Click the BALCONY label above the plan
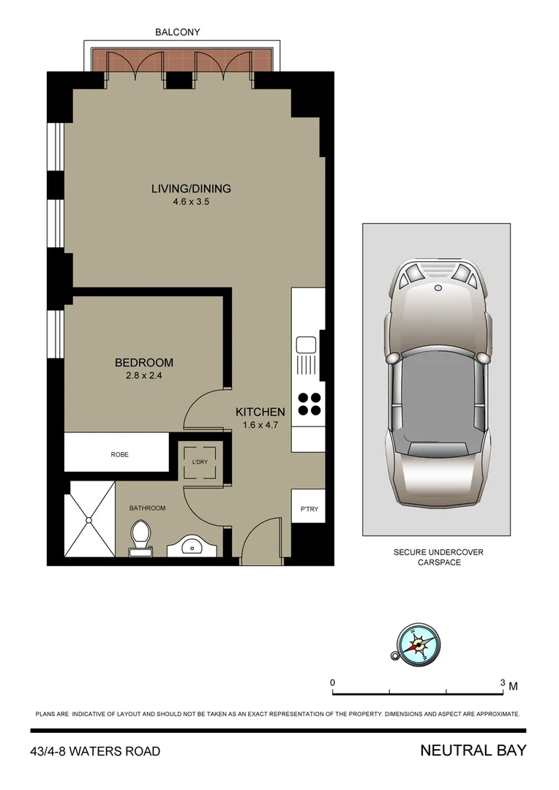177,32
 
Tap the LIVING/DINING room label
191,189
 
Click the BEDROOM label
144,363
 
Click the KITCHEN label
260,413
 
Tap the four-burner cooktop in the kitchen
307,404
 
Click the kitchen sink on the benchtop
305,345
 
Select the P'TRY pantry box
307,509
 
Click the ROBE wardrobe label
119,454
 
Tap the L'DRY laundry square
199,462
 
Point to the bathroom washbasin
192,546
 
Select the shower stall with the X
89,519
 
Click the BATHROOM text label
147,508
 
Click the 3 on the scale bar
502,682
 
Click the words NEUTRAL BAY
473,750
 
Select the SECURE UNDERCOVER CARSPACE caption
439,557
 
